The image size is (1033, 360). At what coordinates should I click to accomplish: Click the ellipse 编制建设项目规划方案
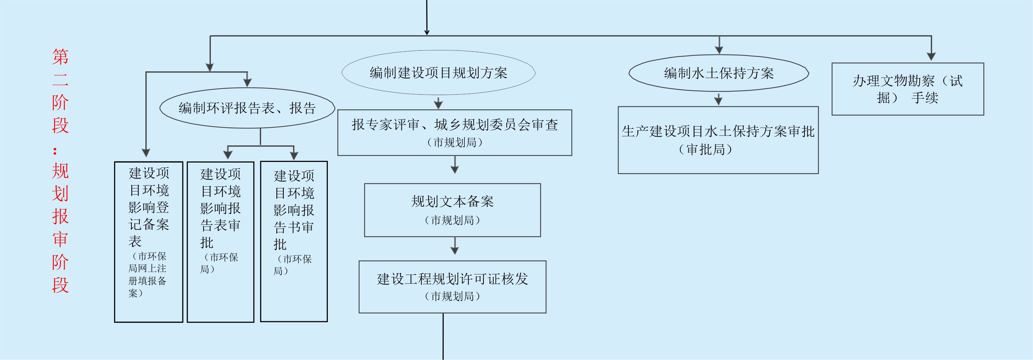click(438, 72)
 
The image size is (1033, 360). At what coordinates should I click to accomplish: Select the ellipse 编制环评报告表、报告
click(247, 108)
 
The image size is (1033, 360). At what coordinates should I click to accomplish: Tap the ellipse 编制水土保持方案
click(719, 73)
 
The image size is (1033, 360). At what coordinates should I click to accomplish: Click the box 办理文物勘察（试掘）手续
click(908, 89)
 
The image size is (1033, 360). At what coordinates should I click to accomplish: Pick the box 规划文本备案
click(452, 210)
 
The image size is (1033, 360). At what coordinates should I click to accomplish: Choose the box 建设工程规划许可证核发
click(452, 287)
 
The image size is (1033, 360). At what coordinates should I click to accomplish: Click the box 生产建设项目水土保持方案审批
click(718, 140)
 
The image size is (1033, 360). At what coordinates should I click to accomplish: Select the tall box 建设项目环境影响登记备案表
click(148, 242)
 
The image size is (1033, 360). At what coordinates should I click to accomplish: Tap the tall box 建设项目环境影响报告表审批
click(220, 242)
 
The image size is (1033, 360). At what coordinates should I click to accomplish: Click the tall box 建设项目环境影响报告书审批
click(294, 241)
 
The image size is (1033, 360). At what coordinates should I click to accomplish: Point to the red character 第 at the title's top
click(60, 57)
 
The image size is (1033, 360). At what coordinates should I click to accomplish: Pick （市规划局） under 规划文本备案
click(452, 220)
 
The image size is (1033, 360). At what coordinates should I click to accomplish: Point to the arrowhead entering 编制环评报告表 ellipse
click(248, 82)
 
